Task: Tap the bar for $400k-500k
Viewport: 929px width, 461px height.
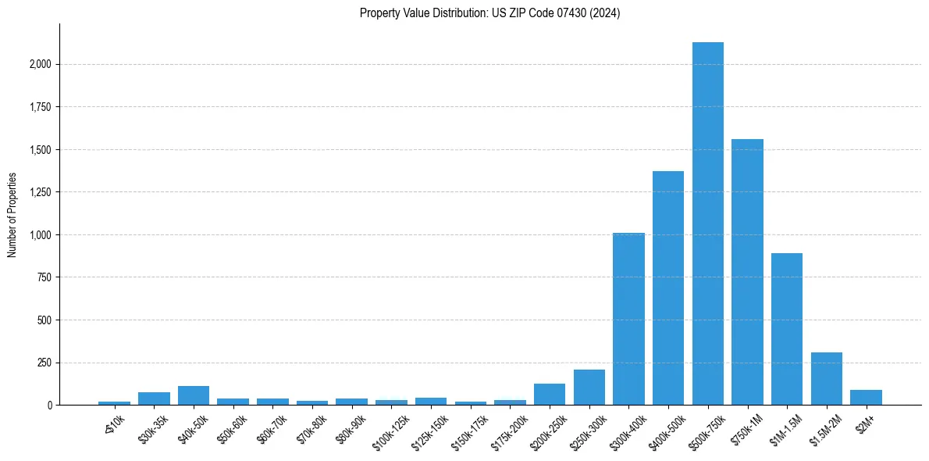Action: pyautogui.click(x=668, y=288)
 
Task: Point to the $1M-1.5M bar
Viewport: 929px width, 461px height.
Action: pyautogui.click(x=787, y=329)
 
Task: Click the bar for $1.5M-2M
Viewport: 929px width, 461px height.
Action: pyautogui.click(x=826, y=379)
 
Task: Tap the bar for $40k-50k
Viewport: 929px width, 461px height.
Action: pyautogui.click(x=194, y=395)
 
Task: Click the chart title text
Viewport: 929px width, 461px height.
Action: pyautogui.click(x=489, y=13)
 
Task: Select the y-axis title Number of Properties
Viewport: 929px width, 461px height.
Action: pyautogui.click(x=12, y=215)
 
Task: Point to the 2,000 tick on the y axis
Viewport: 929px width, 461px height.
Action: pyautogui.click(x=40, y=64)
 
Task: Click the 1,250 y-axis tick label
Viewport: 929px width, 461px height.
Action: pyautogui.click(x=40, y=192)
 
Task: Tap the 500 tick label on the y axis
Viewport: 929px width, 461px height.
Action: pyautogui.click(x=45, y=320)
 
